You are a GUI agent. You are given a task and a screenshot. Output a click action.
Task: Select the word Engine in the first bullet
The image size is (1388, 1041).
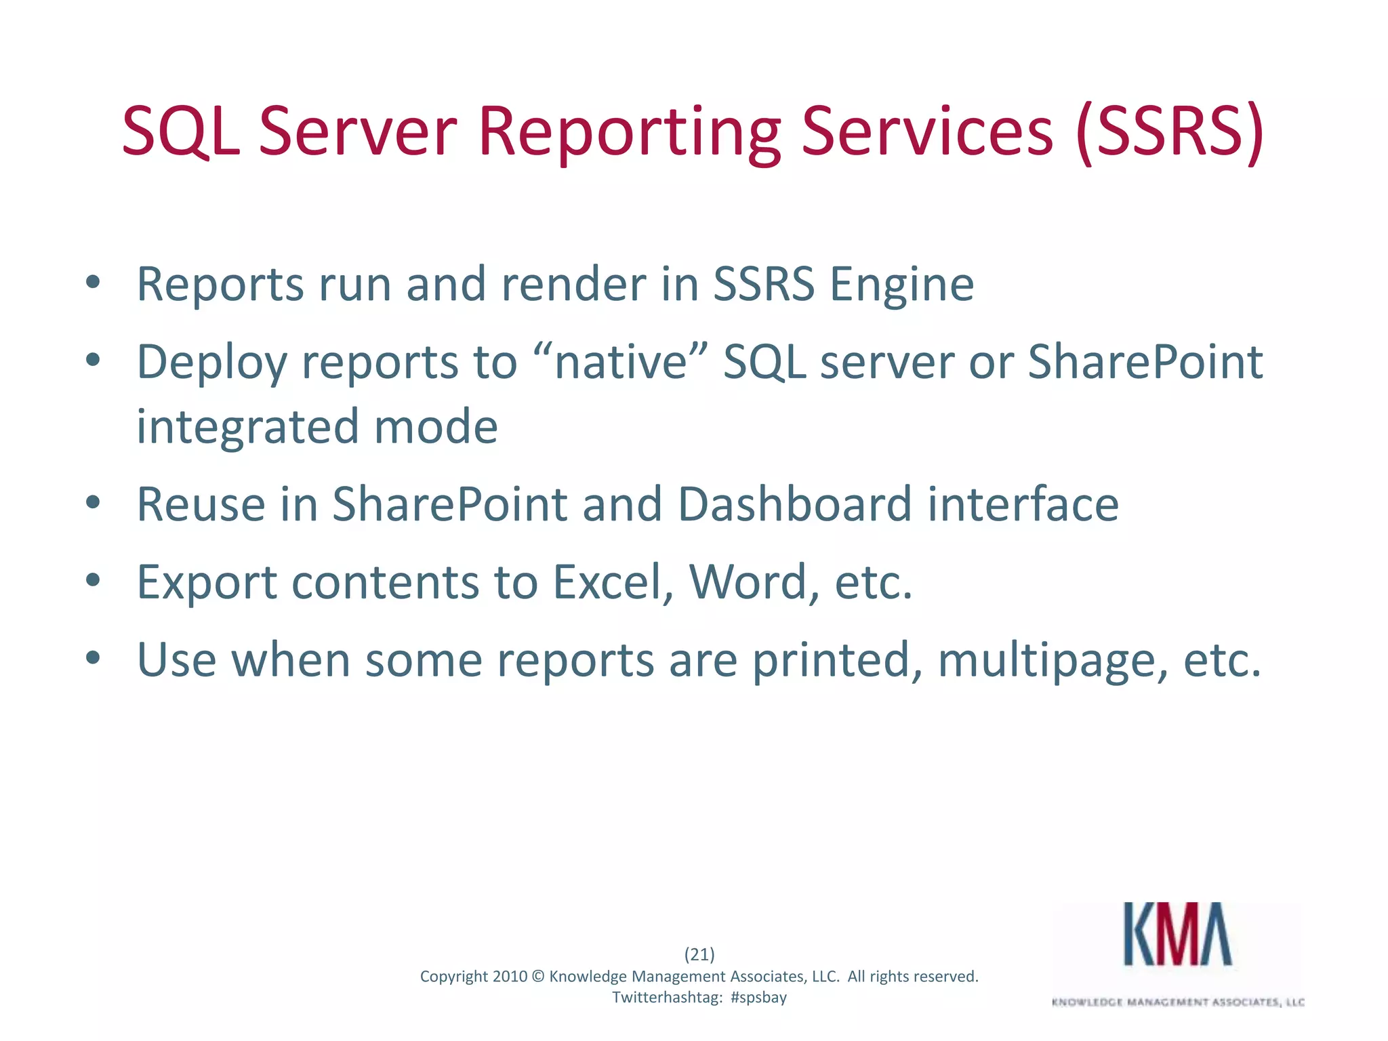(901, 285)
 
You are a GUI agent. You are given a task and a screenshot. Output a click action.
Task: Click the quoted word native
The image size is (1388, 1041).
(621, 362)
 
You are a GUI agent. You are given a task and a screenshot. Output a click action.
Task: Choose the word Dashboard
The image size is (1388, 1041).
(794, 505)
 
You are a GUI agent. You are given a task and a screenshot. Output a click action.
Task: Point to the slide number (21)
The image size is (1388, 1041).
(699, 954)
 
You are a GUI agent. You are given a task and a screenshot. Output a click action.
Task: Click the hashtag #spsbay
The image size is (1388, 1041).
(758, 998)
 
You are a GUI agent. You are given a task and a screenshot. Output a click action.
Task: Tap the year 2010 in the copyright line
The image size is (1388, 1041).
(510, 977)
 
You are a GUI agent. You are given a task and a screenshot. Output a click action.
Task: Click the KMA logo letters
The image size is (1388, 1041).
(1178, 935)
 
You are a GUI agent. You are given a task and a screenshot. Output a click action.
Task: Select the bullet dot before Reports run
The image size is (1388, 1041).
(94, 283)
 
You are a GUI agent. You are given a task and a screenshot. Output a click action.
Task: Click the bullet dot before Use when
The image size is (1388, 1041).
(94, 657)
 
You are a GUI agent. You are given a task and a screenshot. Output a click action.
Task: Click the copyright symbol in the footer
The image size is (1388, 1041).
(538, 977)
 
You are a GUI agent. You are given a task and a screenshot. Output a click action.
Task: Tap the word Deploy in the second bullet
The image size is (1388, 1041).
(211, 362)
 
